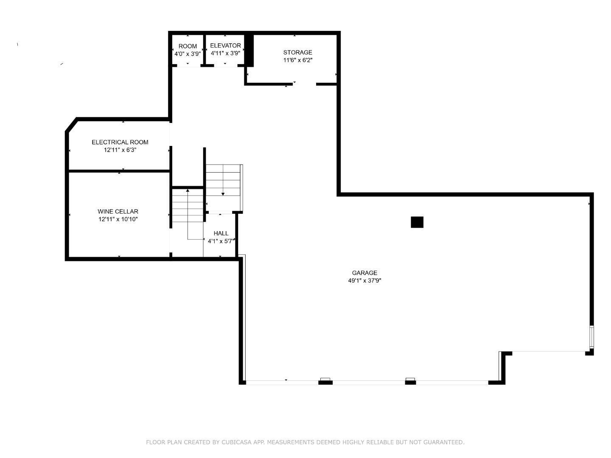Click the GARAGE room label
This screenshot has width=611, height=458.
tap(364, 273)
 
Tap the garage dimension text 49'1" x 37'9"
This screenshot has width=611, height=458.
tap(364, 281)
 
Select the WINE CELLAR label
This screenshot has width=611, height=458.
tap(118, 212)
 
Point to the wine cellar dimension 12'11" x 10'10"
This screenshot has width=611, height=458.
tap(118, 219)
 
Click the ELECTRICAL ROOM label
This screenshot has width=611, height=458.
tap(120, 142)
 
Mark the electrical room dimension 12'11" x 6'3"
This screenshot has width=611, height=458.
tap(120, 150)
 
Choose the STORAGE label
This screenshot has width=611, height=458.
tap(297, 53)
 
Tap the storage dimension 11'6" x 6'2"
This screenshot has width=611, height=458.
tap(297, 60)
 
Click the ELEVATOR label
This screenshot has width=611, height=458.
tap(225, 46)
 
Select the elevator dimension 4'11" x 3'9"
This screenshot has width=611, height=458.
tap(225, 53)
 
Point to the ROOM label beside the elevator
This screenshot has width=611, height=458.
tap(188, 46)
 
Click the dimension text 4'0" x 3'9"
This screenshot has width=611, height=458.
tap(188, 54)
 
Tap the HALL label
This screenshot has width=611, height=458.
tap(221, 234)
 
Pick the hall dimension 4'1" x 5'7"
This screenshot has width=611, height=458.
tap(221, 241)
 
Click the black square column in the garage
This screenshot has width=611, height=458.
tap(417, 222)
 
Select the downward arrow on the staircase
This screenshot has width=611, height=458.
tap(223, 193)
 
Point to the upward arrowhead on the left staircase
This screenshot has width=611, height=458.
tap(188, 190)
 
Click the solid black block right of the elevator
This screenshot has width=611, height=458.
tap(249, 50)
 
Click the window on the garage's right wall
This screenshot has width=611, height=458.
tap(591, 336)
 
